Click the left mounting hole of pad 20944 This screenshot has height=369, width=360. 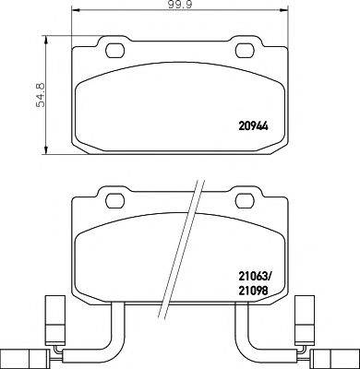(x=115, y=50)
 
